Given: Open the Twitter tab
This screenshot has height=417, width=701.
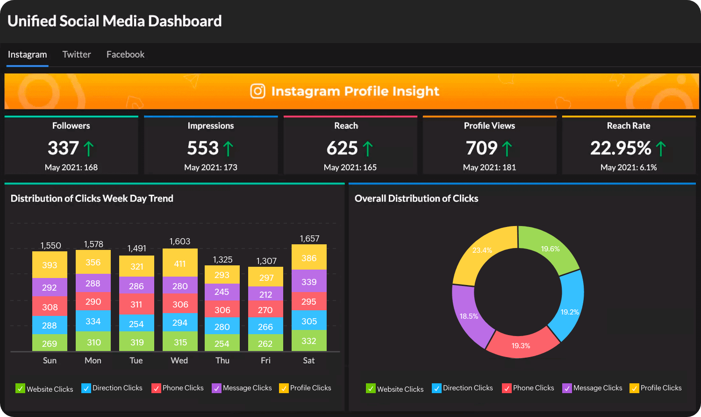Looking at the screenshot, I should point(77,55).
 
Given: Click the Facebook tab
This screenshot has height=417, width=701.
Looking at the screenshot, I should point(125,55).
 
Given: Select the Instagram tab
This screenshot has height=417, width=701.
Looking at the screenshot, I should point(27,55).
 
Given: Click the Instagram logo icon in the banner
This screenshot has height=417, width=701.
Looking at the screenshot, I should point(258,91).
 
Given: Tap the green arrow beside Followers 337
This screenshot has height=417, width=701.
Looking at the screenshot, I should point(88,149).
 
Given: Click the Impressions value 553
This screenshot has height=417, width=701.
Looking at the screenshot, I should point(203,148).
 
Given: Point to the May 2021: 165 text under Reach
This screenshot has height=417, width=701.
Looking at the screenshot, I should point(350,168).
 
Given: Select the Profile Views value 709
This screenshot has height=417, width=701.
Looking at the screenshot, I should point(482,148).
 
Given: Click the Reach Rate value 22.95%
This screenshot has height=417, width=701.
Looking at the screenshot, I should point(621,148).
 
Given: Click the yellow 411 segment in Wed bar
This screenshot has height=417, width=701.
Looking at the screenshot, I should point(180,263).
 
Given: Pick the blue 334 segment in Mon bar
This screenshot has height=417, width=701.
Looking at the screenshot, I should point(93,321).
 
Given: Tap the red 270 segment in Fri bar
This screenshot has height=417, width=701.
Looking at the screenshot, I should point(265,309).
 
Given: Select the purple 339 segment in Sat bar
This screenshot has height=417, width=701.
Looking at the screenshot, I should point(309,281).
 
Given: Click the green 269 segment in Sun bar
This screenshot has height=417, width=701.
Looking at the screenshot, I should point(50,343).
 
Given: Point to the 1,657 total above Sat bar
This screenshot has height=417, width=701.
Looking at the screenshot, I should point(309,239).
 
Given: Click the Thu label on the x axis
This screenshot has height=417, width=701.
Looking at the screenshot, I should point(222,360).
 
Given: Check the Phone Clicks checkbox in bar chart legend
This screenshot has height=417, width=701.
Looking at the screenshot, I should point(156,388).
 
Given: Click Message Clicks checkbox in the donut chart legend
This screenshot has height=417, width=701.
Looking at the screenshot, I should point(567,388).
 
